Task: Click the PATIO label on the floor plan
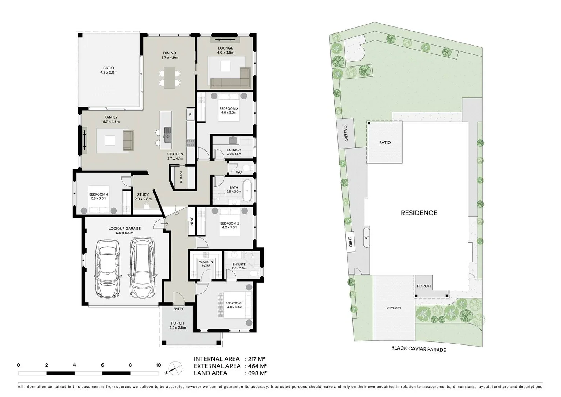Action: pyautogui.click(x=109, y=68)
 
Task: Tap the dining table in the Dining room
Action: pyautogui.click(x=170, y=78)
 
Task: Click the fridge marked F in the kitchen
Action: pyautogui.click(x=190, y=114)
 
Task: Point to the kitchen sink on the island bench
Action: pyautogui.click(x=168, y=134)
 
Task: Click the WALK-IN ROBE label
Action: pyautogui.click(x=206, y=264)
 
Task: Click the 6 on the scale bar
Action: pyautogui.click(x=102, y=365)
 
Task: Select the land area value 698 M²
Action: pyautogui.click(x=257, y=373)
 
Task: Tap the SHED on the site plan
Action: pyautogui.click(x=350, y=242)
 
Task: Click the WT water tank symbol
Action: pyautogui.click(x=366, y=238)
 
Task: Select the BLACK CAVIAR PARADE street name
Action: pyautogui.click(x=419, y=349)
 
